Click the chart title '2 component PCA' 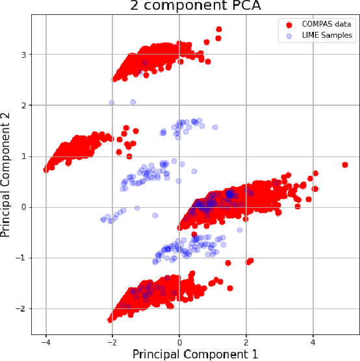[194, 6]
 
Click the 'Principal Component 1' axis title [195, 354]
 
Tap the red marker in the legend [287, 24]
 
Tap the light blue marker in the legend [287, 36]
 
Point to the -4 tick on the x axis [44, 342]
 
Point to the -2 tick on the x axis [111, 342]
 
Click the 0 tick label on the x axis [179, 342]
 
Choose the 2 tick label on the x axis [247, 342]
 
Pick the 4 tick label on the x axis [315, 342]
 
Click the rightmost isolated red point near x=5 [345, 165]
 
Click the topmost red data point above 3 [219, 29]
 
